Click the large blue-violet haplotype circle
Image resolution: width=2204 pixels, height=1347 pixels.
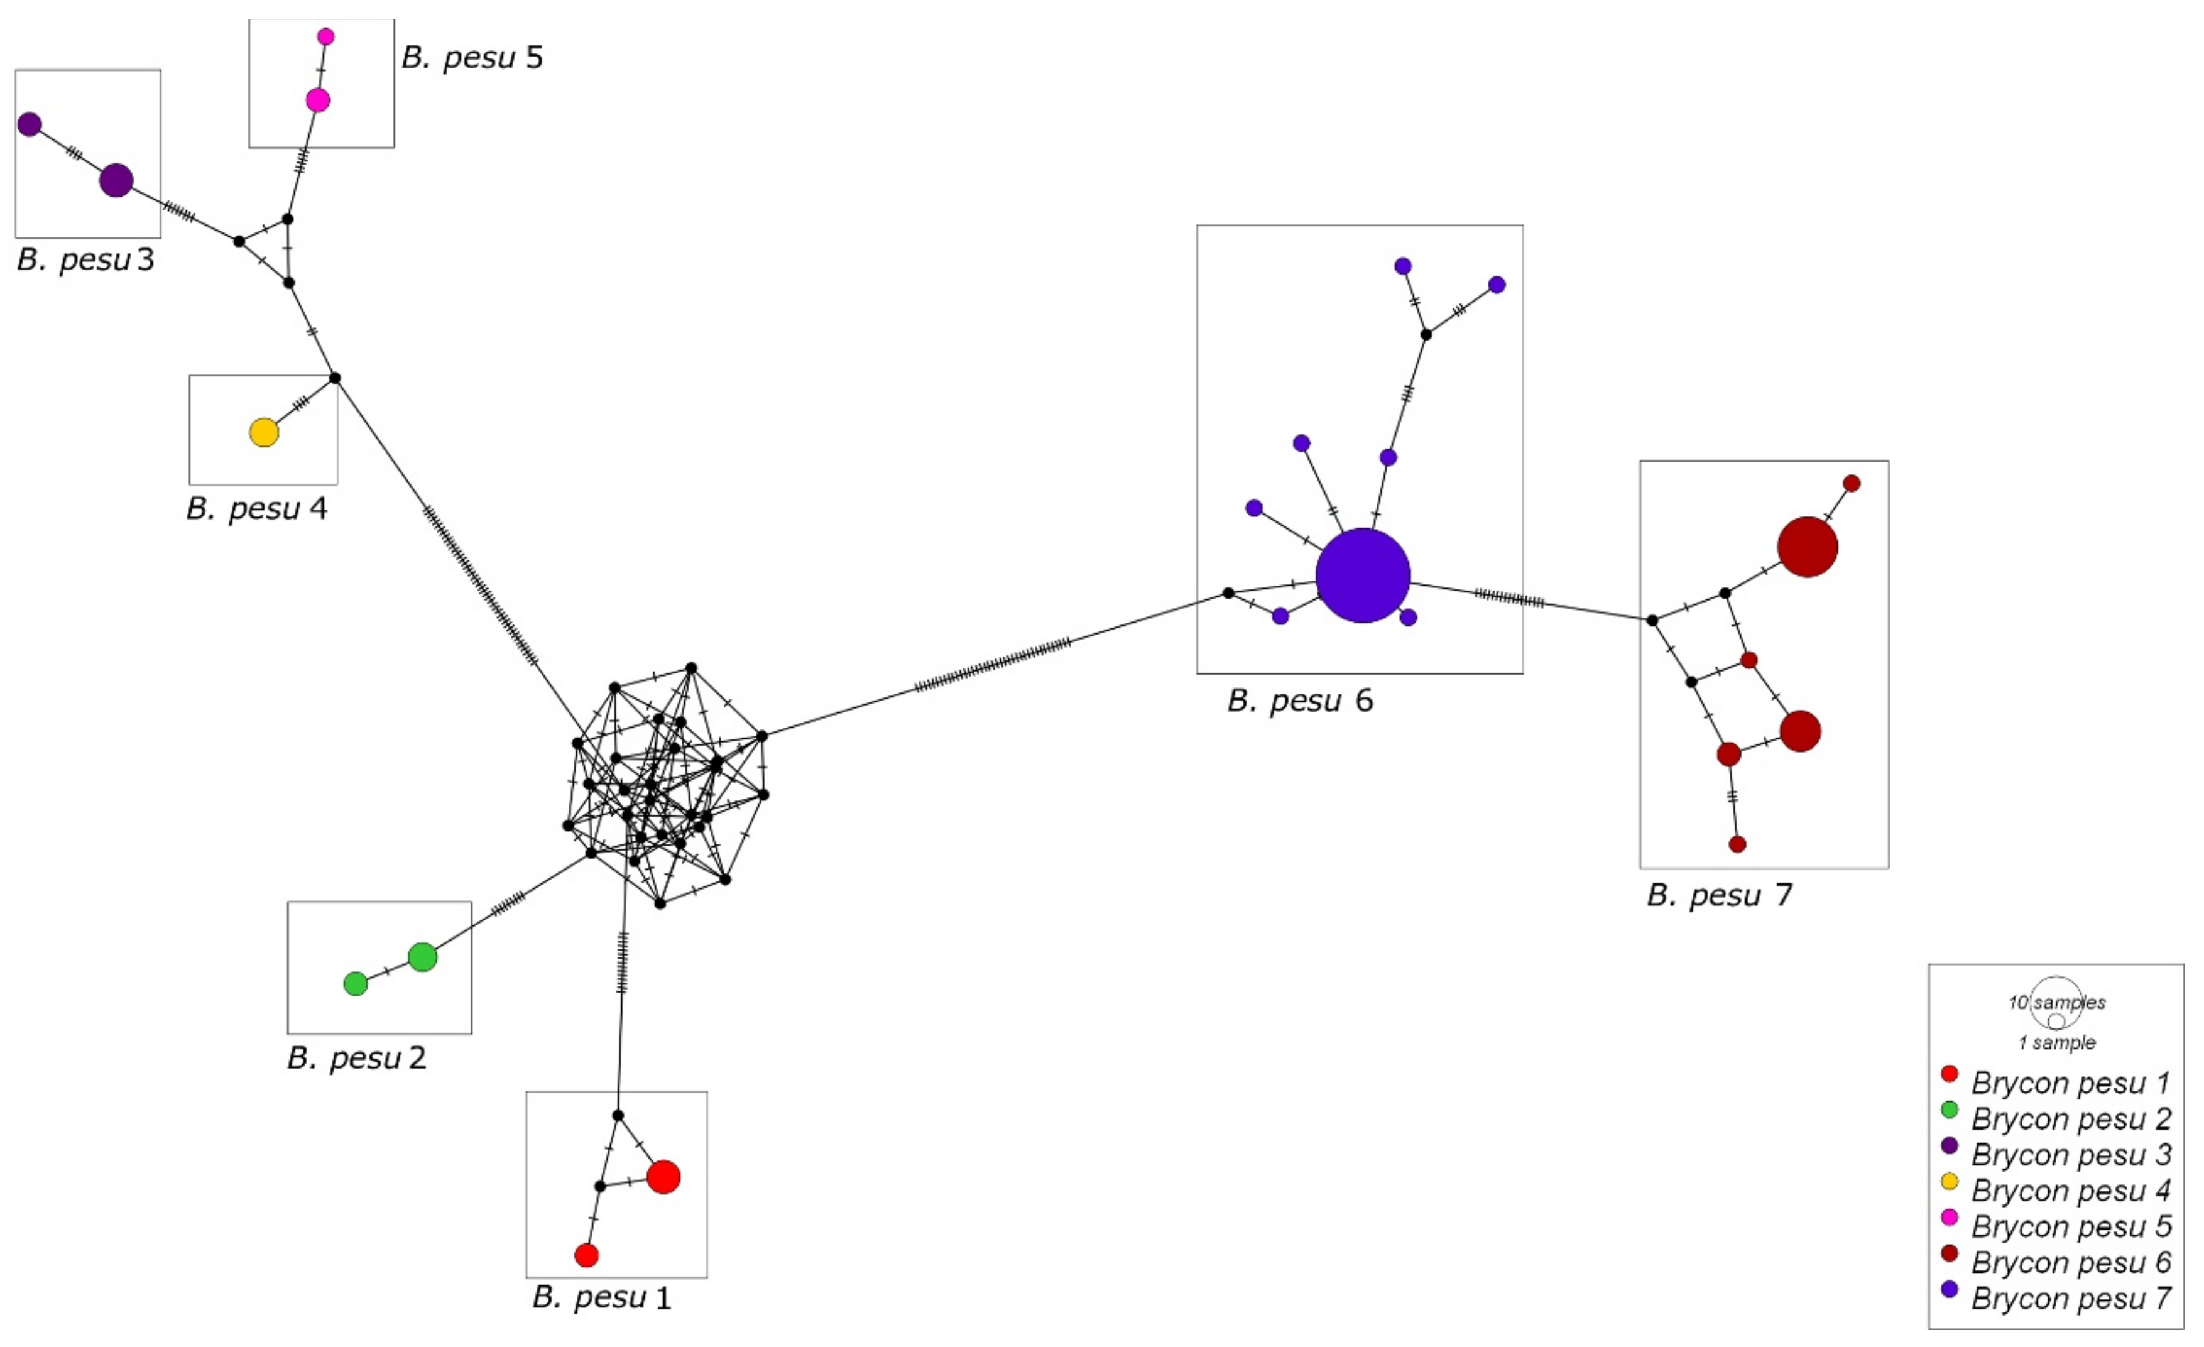(x=1362, y=575)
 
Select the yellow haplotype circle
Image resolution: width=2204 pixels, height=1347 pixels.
(x=264, y=433)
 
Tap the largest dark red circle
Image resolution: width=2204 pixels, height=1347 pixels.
(x=1807, y=547)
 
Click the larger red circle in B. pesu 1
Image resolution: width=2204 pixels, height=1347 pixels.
(x=663, y=1177)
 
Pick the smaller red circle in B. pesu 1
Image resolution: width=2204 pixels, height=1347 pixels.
(x=586, y=1255)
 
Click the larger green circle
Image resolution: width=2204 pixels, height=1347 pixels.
(x=422, y=957)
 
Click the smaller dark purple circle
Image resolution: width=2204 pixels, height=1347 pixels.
(x=30, y=124)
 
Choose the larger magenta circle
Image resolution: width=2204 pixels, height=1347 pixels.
(x=317, y=100)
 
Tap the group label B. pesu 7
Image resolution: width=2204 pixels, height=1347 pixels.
(x=1718, y=895)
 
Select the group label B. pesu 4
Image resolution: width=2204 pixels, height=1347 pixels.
(x=257, y=509)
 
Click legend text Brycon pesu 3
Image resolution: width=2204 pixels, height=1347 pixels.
(x=2071, y=1155)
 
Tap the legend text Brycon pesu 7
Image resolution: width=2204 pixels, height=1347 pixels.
(x=2071, y=1298)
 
